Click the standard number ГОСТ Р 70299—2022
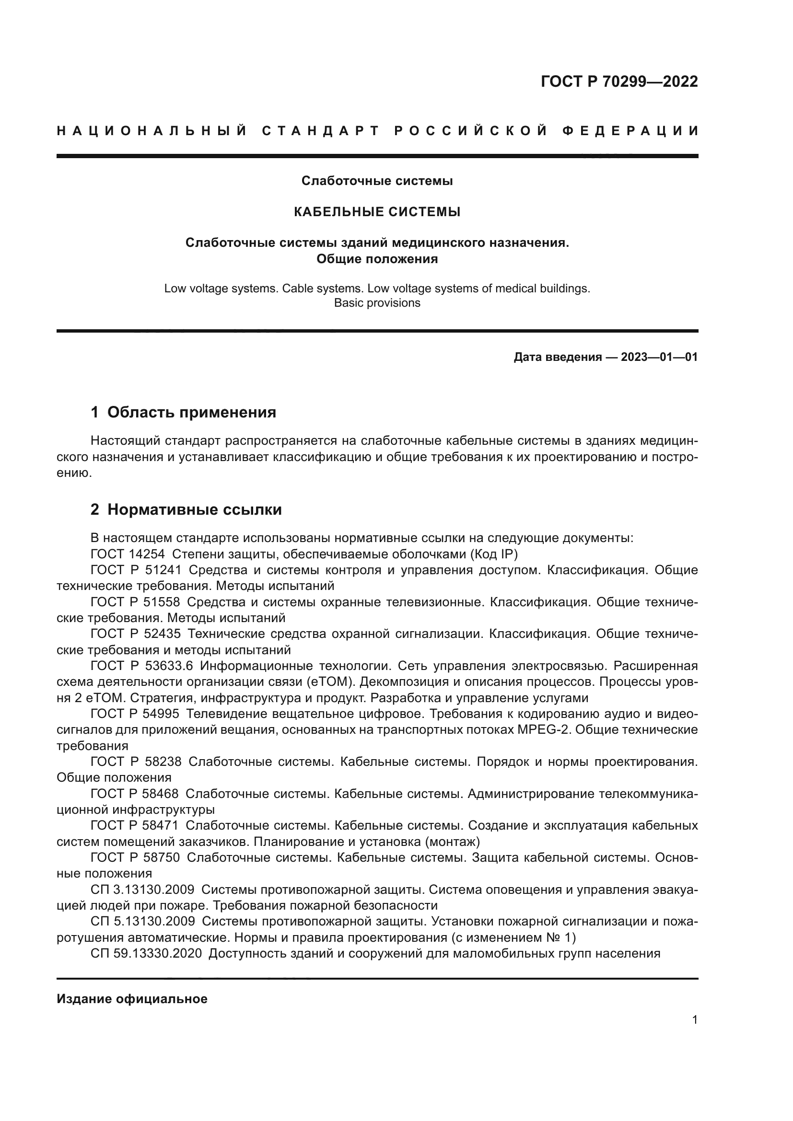click(x=619, y=81)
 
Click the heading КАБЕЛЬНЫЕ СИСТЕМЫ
click(x=377, y=212)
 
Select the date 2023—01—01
click(x=659, y=358)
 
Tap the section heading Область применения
click(x=191, y=413)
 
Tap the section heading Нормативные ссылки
click(x=194, y=510)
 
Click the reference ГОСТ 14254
click(x=128, y=554)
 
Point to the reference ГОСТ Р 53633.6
click(x=141, y=667)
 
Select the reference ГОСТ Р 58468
click(x=134, y=794)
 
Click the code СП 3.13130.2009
click(x=142, y=890)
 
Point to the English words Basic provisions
click(x=377, y=303)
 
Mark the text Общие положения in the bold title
click(x=377, y=259)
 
